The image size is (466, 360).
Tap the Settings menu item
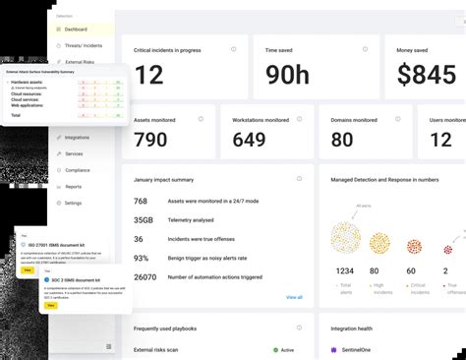[x=74, y=203]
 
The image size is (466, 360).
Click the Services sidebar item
[x=74, y=153]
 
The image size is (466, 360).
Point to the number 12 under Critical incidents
[x=148, y=75]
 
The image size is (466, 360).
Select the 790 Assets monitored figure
[x=150, y=140]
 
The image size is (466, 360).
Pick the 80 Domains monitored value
[x=342, y=140]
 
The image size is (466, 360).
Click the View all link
[x=294, y=297]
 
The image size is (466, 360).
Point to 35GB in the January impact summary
[x=143, y=220]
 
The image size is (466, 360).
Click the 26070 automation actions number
[x=146, y=276]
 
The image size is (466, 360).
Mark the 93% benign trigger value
[x=141, y=258]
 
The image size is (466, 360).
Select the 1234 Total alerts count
[x=344, y=270]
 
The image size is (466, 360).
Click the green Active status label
[x=287, y=350]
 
